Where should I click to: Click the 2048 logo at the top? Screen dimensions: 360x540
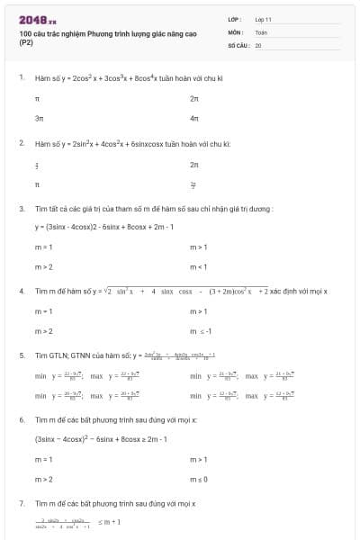coord(37,19)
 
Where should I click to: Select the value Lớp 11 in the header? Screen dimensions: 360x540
coord(263,19)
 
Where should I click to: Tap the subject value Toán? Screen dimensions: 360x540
coord(261,31)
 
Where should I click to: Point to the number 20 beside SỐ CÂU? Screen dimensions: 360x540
coord(258,44)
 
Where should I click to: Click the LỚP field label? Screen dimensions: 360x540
coord(236,19)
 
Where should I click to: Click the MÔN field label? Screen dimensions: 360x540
coord(236,31)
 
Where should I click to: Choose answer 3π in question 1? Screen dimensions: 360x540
coord(39,118)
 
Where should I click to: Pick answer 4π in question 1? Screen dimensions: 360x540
coord(193,118)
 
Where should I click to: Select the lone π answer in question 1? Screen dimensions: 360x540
coord(37,97)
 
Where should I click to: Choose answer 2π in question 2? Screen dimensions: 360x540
coord(193,165)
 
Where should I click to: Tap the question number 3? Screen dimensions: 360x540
coord(22,208)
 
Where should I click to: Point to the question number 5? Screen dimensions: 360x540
coord(22,355)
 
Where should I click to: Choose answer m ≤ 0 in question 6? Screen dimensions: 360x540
coord(199,479)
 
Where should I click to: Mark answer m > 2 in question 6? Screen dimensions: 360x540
coord(43,479)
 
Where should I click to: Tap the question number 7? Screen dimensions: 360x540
coord(22,503)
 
